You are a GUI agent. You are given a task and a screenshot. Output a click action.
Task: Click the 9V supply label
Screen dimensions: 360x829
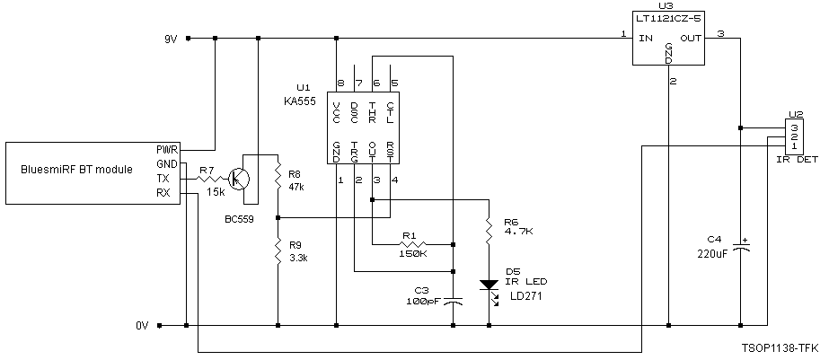point(170,39)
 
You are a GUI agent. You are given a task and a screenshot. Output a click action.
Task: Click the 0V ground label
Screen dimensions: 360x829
point(142,326)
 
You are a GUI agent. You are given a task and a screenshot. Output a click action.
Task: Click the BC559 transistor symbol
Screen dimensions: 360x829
point(239,178)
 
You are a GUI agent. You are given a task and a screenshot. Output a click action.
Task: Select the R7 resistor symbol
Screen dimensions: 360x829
point(207,178)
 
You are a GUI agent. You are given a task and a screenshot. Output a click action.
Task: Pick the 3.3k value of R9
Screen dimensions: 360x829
point(297,258)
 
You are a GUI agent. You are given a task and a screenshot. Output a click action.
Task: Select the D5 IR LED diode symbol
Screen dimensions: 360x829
point(488,285)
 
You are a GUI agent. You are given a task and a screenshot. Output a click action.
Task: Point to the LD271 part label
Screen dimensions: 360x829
point(526,295)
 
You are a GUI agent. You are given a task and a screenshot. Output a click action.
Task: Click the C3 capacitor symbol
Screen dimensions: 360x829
point(454,302)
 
